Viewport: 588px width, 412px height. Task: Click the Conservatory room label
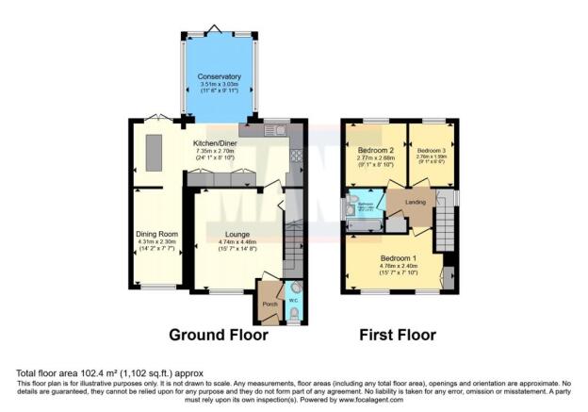coord(219,76)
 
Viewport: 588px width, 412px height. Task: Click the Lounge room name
coord(237,233)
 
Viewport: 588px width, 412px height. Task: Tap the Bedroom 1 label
coord(397,257)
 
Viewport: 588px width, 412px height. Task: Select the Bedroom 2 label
coord(375,150)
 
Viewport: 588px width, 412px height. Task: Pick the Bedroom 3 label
coord(432,150)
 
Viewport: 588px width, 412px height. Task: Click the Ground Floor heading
coord(218,334)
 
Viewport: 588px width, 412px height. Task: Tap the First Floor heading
coord(396,334)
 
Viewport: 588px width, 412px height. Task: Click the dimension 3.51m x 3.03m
coord(219,85)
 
